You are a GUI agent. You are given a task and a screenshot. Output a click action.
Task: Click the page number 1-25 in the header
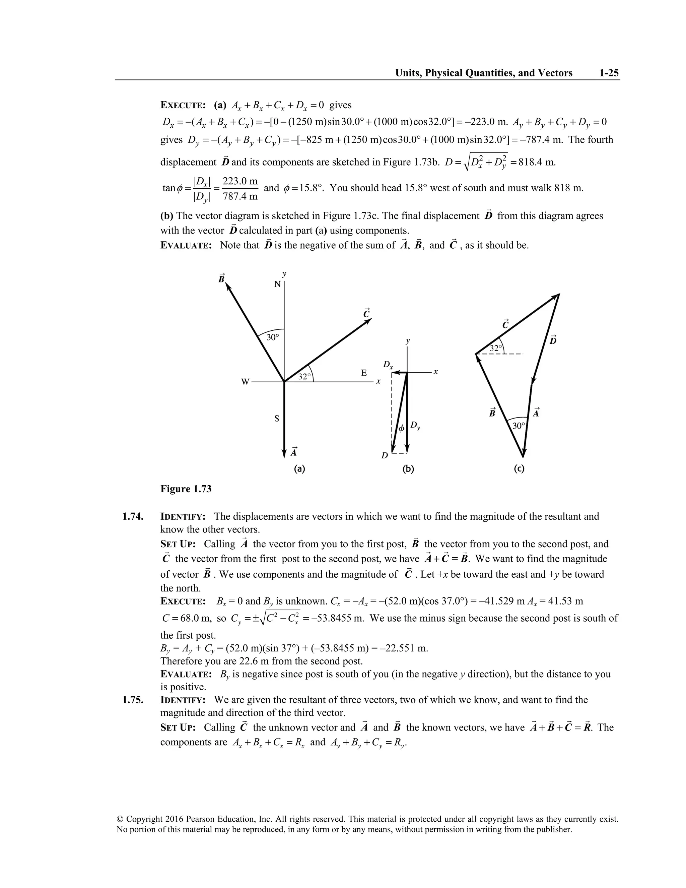pyautogui.click(x=608, y=73)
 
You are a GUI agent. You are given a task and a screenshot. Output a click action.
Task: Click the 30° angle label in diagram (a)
pyautogui.click(x=273, y=337)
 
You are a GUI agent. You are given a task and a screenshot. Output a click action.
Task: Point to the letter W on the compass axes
pyautogui.click(x=245, y=382)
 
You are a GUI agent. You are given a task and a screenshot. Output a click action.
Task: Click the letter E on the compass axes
pyautogui.click(x=364, y=373)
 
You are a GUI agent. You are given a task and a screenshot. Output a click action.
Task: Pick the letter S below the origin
pyautogui.click(x=277, y=419)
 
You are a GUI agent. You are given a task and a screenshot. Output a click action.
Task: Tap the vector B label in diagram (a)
pyautogui.click(x=221, y=279)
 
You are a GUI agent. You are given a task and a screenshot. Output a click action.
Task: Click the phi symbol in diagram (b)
pyautogui.click(x=401, y=429)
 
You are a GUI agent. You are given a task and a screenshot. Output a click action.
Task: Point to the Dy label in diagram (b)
pyautogui.click(x=415, y=426)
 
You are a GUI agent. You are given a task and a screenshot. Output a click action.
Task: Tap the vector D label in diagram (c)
pyautogui.click(x=553, y=340)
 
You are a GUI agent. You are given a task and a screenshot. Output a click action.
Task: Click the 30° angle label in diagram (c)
pyautogui.click(x=518, y=426)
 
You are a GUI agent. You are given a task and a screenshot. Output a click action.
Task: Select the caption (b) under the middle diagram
pyautogui.click(x=408, y=469)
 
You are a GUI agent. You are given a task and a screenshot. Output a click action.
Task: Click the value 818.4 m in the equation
pyautogui.click(x=537, y=163)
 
